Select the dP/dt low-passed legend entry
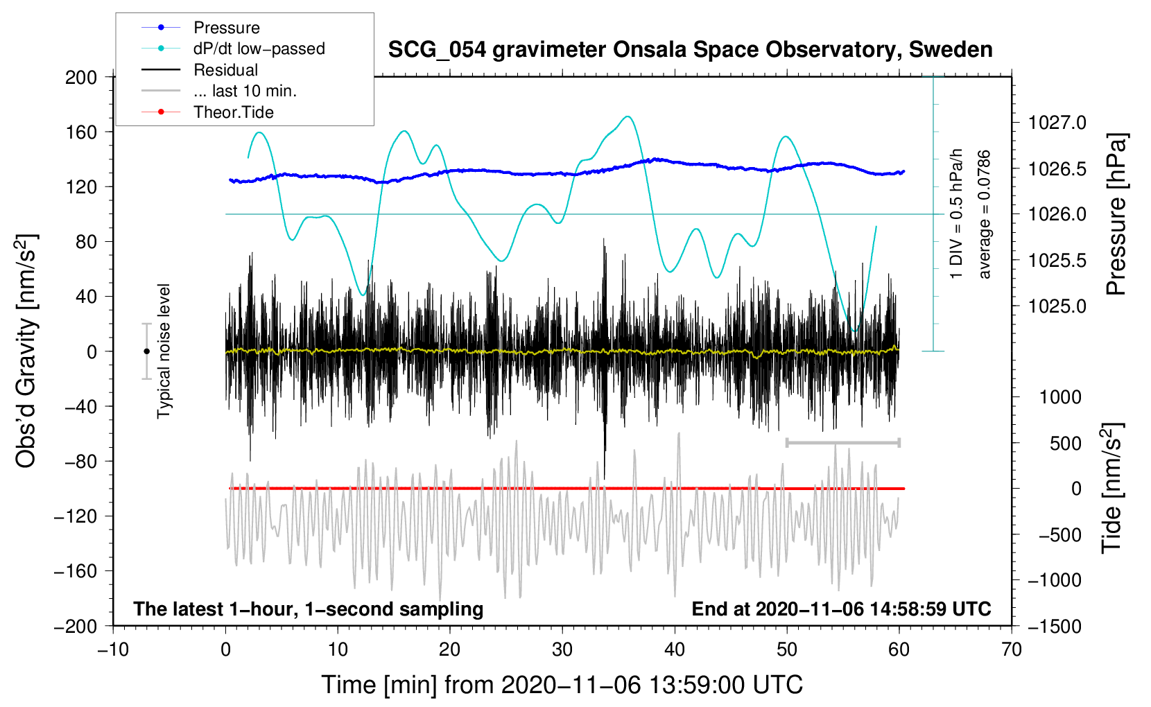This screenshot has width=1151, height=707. point(259,49)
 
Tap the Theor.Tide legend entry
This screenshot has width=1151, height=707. point(233,112)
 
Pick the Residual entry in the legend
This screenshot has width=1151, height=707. point(225,70)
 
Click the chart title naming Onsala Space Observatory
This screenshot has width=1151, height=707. point(690,50)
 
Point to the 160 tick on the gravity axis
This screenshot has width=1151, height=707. point(81,132)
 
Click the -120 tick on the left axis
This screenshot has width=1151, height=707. point(76,516)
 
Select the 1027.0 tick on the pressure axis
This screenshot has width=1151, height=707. point(1057,123)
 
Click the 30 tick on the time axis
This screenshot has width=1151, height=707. point(562,649)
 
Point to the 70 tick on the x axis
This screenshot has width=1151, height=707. point(1012,649)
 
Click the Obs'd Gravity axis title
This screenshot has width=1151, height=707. point(26,351)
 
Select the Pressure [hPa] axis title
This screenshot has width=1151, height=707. point(1116,215)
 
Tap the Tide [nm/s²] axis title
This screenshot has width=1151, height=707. point(1112,489)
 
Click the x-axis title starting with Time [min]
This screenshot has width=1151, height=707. point(562,685)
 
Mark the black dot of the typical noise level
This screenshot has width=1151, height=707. point(146,351)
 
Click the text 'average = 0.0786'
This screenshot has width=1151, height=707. point(985,215)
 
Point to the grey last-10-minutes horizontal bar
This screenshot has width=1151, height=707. point(842,442)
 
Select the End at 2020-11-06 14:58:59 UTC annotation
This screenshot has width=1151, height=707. point(841,609)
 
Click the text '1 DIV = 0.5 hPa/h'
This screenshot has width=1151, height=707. point(956,213)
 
